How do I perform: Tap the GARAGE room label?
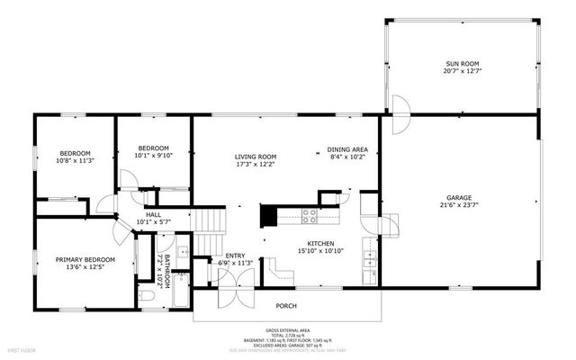click(459, 197)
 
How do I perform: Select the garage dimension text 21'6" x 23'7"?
click(459, 206)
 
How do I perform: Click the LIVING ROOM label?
click(256, 157)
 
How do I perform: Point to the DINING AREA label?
click(346, 149)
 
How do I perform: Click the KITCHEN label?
click(321, 243)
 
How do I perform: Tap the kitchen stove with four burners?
click(309, 216)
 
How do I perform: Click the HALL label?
click(154, 215)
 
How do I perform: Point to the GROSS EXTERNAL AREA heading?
click(287, 330)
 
